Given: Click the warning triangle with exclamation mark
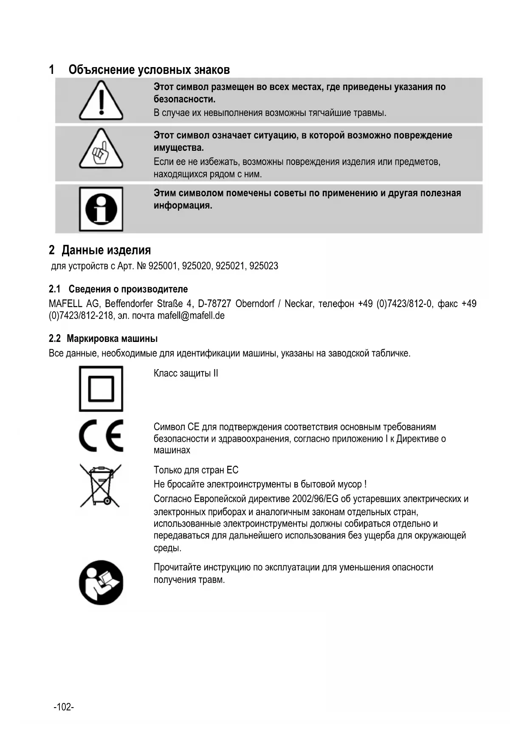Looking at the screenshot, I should pos(101,101).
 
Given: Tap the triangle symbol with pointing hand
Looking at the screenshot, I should pos(101,150).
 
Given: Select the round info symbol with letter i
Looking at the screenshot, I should pos(101,209).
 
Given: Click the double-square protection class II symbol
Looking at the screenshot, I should pos(101,389).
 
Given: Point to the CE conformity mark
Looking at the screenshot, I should pos(101,436).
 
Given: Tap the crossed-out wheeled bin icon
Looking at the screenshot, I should pos(101,485).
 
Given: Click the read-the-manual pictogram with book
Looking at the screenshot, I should pos(101,582).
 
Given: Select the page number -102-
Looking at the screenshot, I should pos(64,707).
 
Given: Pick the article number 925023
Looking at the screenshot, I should pos(264,266).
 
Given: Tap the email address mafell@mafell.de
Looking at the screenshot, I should pos(191,316).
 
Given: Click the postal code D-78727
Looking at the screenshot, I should pos(214,304).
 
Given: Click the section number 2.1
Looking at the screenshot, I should pos(55,289).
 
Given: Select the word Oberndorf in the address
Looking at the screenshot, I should pos(255,304).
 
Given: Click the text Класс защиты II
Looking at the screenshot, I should pos(186,373).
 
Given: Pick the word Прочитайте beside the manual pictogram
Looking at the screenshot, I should pos(177,567).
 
